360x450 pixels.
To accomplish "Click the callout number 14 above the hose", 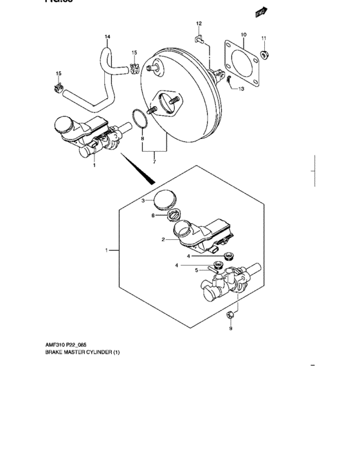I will (x=107, y=36).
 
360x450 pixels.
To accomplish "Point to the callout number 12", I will (x=199, y=23).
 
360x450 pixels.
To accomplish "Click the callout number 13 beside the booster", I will (x=241, y=89).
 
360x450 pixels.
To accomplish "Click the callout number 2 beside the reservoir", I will (x=163, y=239).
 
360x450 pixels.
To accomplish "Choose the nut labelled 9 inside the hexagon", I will (x=230, y=313).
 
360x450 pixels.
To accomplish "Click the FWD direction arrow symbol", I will (x=260, y=12).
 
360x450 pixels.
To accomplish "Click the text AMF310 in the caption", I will (x=55, y=345).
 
